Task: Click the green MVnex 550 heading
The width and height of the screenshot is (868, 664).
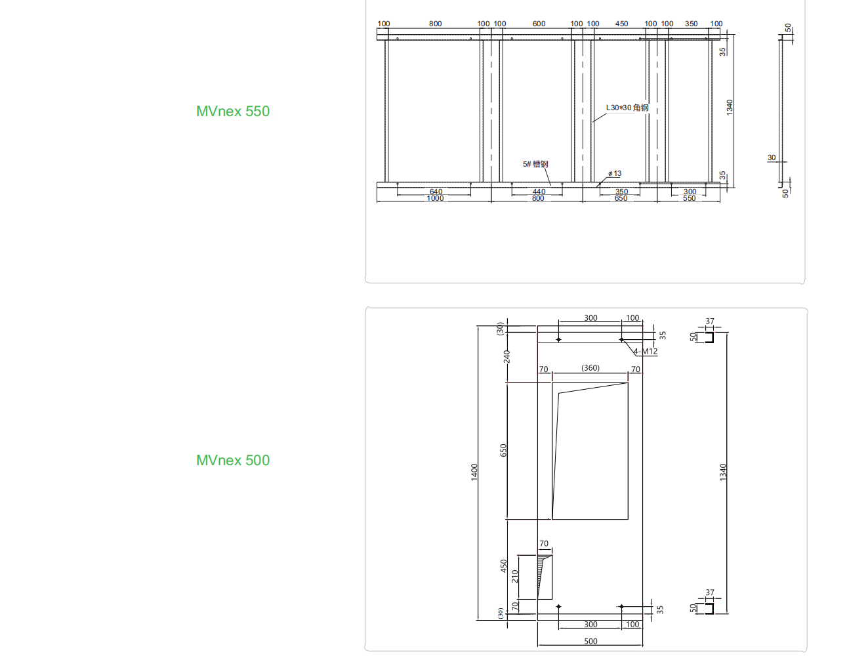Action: pos(233,111)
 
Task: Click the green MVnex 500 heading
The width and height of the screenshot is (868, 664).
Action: pos(233,460)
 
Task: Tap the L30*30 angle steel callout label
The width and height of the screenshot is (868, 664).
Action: pos(627,108)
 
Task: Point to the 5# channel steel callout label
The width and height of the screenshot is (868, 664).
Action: pos(535,164)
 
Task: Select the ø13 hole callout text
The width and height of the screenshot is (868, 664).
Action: pos(615,173)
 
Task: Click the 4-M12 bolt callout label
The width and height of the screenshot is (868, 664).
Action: pos(646,351)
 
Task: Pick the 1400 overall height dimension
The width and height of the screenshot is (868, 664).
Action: pos(474,472)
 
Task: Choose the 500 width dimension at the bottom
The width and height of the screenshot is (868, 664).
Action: pos(590,641)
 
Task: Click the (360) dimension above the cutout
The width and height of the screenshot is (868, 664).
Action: pos(590,368)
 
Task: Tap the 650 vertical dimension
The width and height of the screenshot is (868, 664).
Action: pos(503,450)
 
